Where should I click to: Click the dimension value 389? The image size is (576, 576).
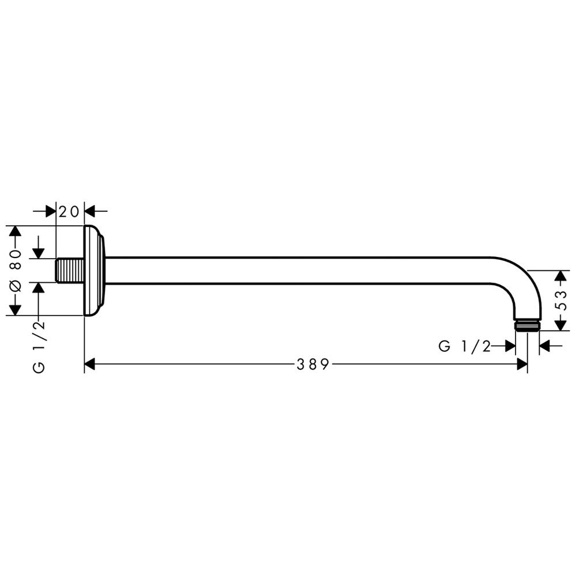(x=313, y=365)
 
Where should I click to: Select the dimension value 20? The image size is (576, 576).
(x=69, y=211)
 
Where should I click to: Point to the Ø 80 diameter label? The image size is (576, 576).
(x=15, y=271)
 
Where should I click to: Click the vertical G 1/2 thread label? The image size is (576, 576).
(x=39, y=347)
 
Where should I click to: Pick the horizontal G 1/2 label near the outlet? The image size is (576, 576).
(x=465, y=346)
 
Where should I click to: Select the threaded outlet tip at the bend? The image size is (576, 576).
(x=527, y=325)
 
